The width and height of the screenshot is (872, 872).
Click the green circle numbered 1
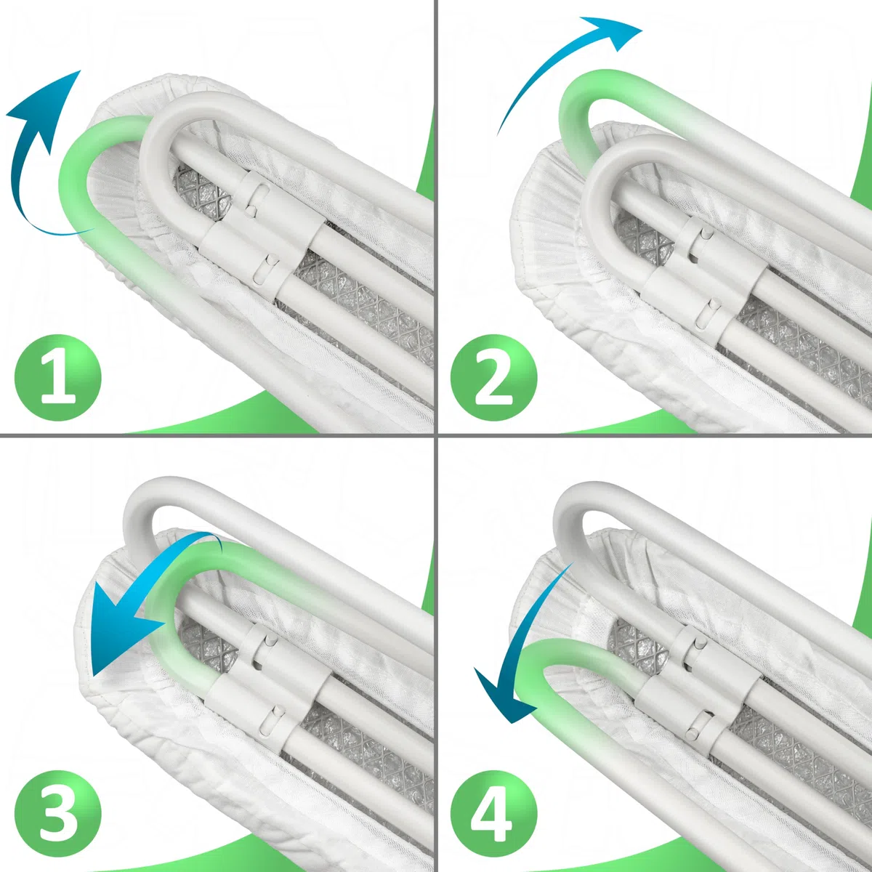[58, 378]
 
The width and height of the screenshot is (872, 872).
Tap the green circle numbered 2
[493, 378]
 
